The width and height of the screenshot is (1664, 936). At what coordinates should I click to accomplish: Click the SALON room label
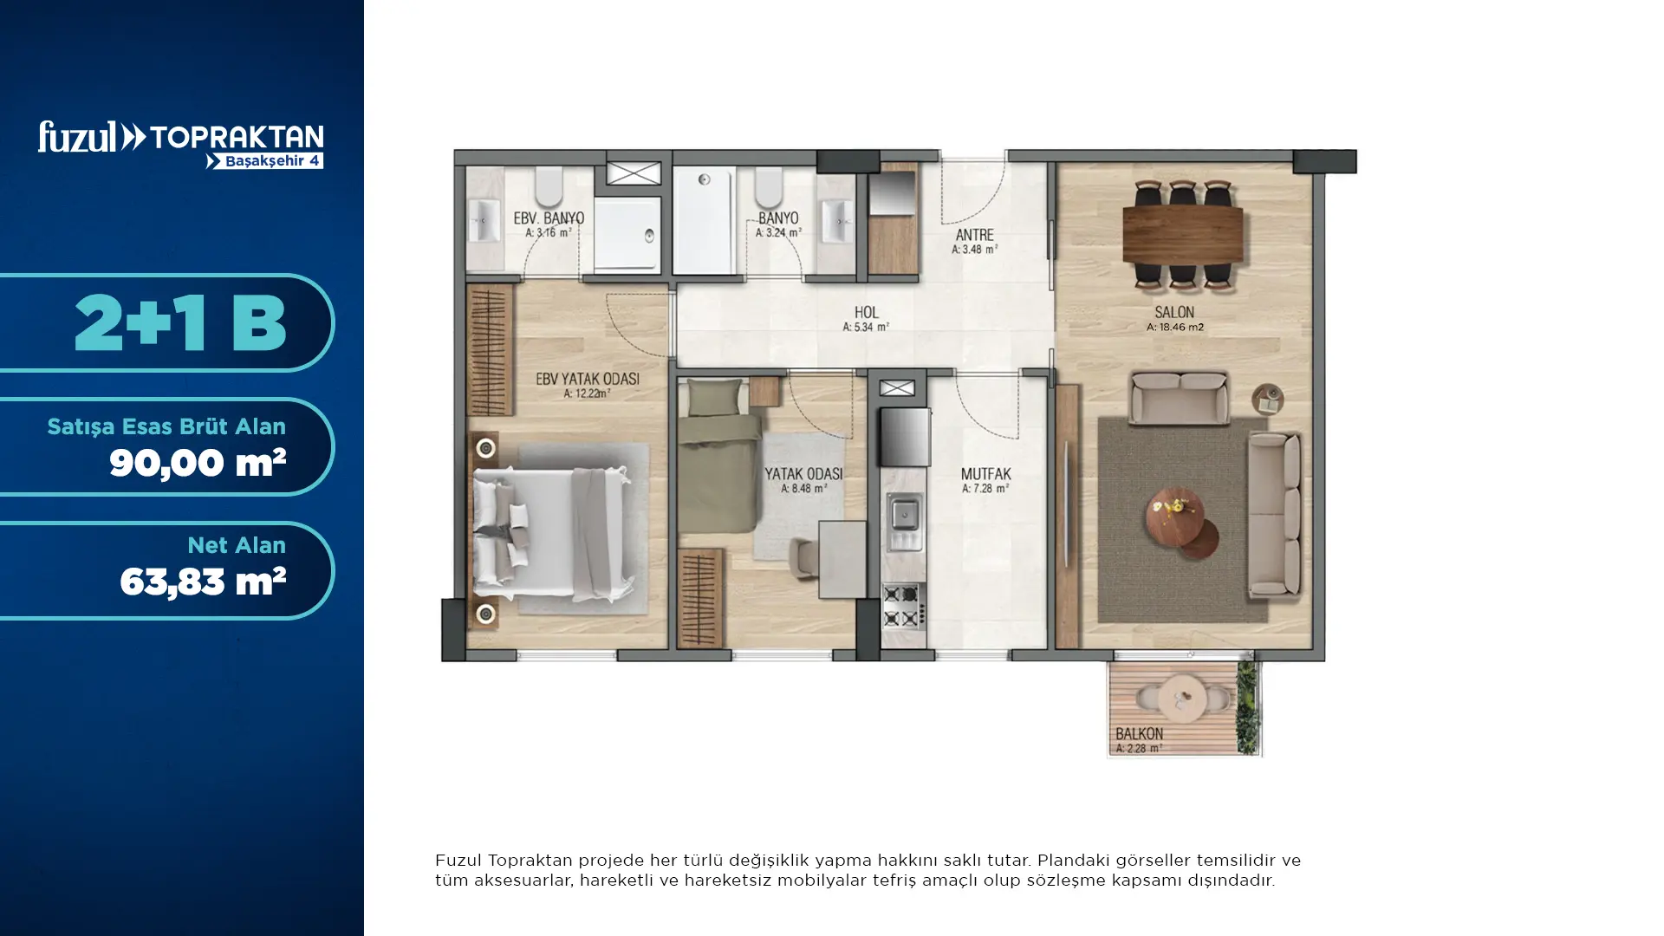click(1174, 312)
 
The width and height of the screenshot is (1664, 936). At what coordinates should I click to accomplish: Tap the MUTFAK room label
click(985, 474)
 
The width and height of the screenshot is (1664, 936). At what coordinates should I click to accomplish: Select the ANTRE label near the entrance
click(974, 235)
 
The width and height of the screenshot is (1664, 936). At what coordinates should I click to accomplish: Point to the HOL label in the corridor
click(866, 312)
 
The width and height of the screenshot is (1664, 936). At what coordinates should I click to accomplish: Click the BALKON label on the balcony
click(1139, 734)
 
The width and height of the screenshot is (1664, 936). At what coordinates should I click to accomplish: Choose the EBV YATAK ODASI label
click(587, 379)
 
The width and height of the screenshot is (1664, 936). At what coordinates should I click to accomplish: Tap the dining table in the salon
click(1182, 233)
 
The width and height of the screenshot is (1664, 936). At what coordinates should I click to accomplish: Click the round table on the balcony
click(1182, 697)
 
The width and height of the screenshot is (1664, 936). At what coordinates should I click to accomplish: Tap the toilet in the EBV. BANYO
click(549, 187)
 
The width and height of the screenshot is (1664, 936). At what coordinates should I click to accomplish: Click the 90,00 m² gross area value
click(198, 463)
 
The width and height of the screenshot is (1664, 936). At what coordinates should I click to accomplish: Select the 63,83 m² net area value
click(203, 582)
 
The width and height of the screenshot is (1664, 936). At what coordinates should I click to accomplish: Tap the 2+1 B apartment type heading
click(180, 322)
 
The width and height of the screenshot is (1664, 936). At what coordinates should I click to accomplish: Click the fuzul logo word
click(77, 137)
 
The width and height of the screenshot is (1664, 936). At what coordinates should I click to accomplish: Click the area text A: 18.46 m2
click(1175, 328)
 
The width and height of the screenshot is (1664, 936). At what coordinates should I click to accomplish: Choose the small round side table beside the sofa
click(1268, 400)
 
